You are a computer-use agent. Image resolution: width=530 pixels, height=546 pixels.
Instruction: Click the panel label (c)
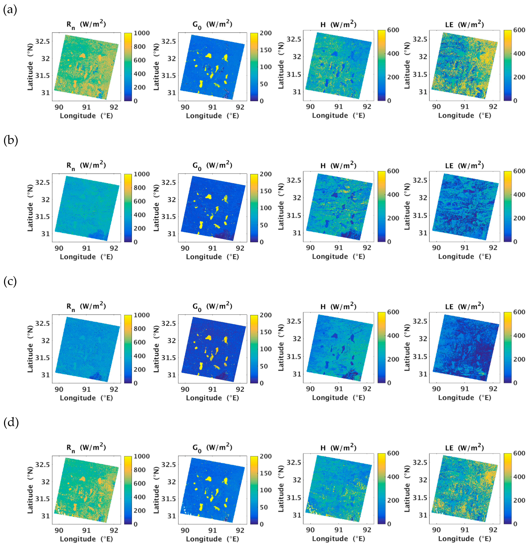(10, 282)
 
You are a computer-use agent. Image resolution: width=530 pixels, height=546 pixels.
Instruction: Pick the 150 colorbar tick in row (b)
(266, 191)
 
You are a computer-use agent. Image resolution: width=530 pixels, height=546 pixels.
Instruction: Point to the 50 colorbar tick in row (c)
(264, 366)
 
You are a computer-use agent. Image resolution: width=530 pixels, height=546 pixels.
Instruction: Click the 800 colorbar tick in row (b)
(140, 188)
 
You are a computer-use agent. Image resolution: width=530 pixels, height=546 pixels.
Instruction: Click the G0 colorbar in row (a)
(254, 67)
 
